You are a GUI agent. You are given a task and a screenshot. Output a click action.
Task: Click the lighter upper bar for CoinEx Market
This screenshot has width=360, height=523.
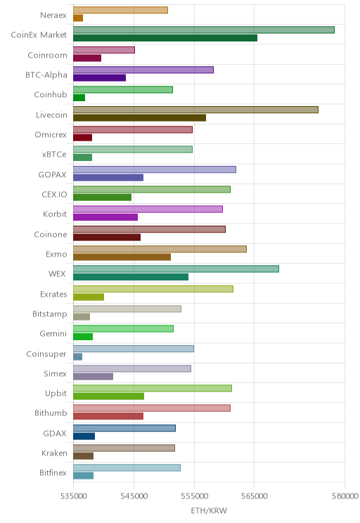tap(204, 30)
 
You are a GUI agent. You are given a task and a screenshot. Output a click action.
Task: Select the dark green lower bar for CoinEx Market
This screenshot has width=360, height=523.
tap(165, 38)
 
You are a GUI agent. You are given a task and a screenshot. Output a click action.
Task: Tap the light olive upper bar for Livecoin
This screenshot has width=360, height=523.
tap(196, 110)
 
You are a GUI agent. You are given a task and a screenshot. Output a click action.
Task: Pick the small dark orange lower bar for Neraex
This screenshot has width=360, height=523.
tap(78, 18)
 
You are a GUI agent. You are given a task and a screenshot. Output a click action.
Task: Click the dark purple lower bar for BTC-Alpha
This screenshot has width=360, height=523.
tap(99, 78)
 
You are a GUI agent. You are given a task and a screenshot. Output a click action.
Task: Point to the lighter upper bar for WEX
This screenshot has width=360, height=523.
tap(176, 269)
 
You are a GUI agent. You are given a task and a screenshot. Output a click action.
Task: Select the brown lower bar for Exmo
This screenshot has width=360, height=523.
tap(122, 257)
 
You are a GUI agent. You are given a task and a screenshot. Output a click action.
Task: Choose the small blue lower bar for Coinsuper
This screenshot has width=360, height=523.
tap(78, 356)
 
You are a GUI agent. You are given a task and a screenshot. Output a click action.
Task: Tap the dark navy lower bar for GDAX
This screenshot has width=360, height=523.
tap(84, 436)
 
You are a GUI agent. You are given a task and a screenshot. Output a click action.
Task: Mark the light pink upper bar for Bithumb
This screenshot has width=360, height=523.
tap(152, 408)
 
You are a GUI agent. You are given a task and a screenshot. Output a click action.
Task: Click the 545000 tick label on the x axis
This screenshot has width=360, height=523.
tap(134, 496)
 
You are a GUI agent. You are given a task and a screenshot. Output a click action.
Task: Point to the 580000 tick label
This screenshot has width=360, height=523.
tap(345, 496)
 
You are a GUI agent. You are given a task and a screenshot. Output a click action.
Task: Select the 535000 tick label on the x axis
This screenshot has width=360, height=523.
tap(73, 496)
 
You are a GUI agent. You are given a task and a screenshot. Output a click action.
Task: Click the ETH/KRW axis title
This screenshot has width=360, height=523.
tap(209, 510)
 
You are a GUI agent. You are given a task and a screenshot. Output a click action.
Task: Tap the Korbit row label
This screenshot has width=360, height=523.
tap(55, 214)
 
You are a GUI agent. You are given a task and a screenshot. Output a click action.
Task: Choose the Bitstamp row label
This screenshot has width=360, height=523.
tap(50, 314)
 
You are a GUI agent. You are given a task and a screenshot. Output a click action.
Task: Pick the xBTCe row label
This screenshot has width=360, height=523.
tap(54, 154)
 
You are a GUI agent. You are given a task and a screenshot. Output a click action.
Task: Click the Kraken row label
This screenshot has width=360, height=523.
tap(54, 453)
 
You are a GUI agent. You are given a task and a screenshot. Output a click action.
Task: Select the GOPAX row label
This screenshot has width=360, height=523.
tap(52, 174)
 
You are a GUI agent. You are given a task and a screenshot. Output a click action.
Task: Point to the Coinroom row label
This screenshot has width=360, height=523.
tap(47, 55)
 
